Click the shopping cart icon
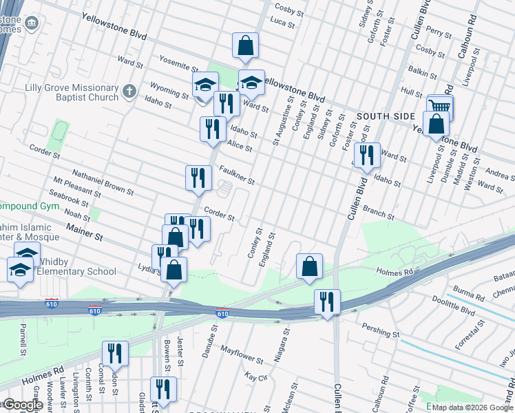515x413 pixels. pos(440,106)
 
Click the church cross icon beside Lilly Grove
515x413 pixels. pos(129,91)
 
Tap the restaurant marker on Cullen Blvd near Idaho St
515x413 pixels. pos(366,156)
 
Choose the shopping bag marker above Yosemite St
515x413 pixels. pos(245,46)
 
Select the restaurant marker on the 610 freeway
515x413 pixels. pos(328,301)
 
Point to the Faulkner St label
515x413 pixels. pos(237,176)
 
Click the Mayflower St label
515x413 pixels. pos(242,355)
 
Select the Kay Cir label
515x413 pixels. pos(256,377)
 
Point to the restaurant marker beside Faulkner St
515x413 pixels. pos(198,178)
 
